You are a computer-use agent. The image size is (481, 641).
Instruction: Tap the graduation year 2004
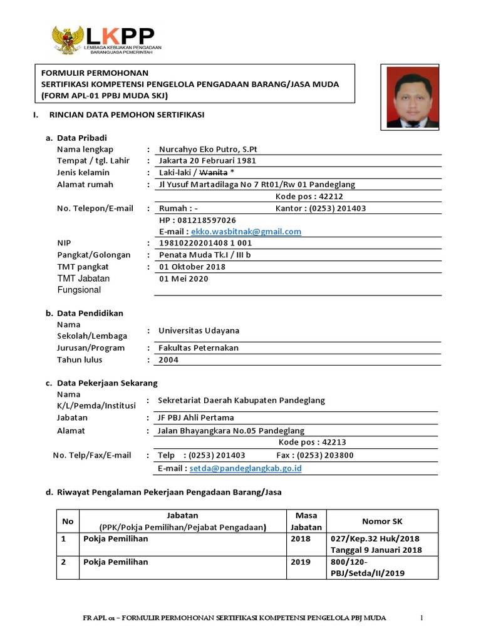point(169,360)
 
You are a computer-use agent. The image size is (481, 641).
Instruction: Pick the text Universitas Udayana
point(199,331)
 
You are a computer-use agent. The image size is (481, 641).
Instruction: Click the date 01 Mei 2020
point(184,279)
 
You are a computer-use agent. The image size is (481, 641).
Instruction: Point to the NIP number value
point(206,244)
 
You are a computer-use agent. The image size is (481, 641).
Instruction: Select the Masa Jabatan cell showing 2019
point(301,562)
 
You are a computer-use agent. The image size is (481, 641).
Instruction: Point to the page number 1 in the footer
point(422,618)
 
